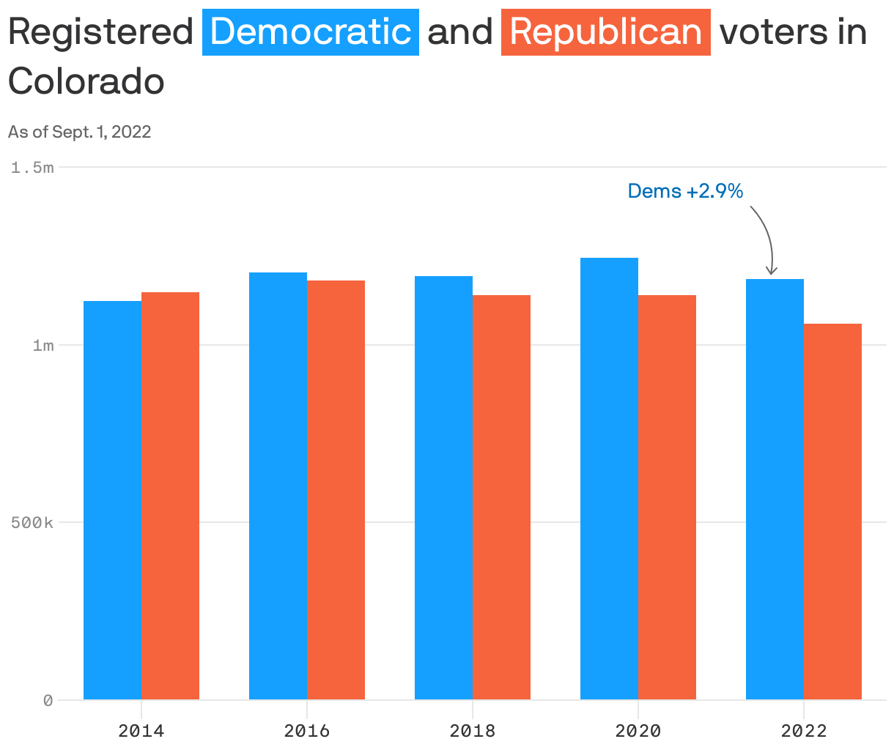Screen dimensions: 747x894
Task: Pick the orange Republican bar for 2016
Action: pyautogui.click(x=336, y=490)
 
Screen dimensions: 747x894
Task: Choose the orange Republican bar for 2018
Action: pyautogui.click(x=501, y=497)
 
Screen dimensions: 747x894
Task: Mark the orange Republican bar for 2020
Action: pyautogui.click(x=667, y=497)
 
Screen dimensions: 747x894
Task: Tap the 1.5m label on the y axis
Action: pyautogui.click(x=32, y=168)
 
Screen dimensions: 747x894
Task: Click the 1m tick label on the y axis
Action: pyautogui.click(x=43, y=345)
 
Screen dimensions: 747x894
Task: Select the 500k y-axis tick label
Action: pyautogui.click(x=32, y=523)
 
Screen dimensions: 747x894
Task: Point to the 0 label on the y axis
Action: pyautogui.click(x=48, y=701)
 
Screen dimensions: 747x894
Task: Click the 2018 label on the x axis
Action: pyautogui.click(x=473, y=730)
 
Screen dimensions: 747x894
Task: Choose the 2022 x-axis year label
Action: pyautogui.click(x=804, y=730)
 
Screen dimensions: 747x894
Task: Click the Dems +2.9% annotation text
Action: pyautogui.click(x=685, y=191)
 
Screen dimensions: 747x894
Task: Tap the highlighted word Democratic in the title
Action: pyautogui.click(x=311, y=32)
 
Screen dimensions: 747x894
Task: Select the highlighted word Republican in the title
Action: pyautogui.click(x=606, y=32)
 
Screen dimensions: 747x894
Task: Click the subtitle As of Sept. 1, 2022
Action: pyautogui.click(x=80, y=132)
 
